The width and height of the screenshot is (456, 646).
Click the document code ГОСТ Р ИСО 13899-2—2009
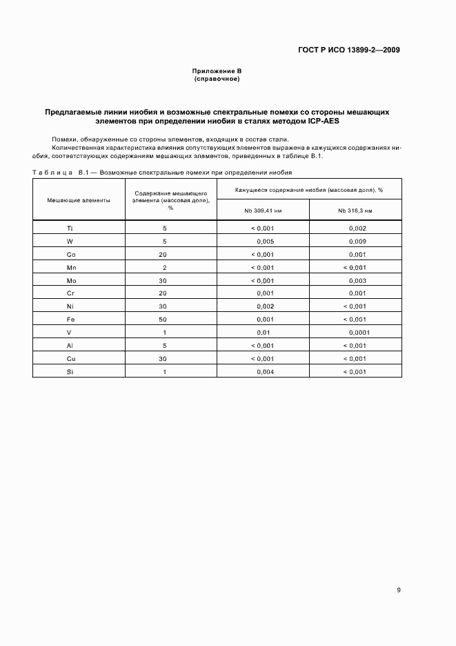pyautogui.click(x=348, y=50)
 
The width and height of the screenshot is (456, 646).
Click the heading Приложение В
pyautogui.click(x=217, y=72)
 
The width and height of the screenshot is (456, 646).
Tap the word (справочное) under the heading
pyautogui.click(x=217, y=79)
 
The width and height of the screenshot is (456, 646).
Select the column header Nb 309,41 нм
pyautogui.click(x=263, y=210)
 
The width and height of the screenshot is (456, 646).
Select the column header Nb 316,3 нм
pyautogui.click(x=355, y=210)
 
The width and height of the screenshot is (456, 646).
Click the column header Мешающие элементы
pyautogui.click(x=79, y=199)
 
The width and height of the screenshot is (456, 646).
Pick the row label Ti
pyautogui.click(x=70, y=228)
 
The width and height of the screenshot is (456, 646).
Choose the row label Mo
pyautogui.click(x=70, y=280)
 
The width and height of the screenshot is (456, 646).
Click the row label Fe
pyautogui.click(x=70, y=320)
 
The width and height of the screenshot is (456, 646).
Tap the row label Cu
pyautogui.click(x=70, y=359)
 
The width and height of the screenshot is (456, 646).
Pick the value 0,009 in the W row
pyautogui.click(x=357, y=241)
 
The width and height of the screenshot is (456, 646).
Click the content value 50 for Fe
pyautogui.click(x=163, y=320)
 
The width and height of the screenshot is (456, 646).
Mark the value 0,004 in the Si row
pyautogui.click(x=266, y=372)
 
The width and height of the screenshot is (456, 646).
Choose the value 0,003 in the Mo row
pyautogui.click(x=357, y=280)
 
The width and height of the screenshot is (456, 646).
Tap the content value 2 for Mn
pyautogui.click(x=164, y=267)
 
